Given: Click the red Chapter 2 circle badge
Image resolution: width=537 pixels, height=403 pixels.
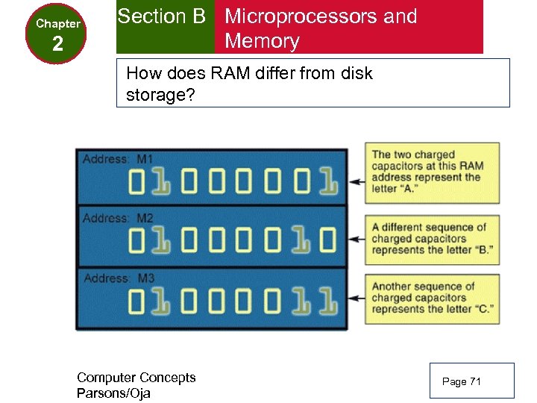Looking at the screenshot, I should [57, 34].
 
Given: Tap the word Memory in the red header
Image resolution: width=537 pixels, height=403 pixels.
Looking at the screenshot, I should [262, 41].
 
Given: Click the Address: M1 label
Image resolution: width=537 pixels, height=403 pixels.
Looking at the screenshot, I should [118, 159].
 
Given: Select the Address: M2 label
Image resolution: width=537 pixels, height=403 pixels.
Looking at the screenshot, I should [118, 218].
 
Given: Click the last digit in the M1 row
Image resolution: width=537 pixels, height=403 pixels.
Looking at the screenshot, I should [328, 181].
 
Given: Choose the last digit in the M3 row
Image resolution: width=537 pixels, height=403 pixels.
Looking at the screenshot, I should [328, 299].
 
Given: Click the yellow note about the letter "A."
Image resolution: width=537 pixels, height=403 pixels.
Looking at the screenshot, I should [431, 172].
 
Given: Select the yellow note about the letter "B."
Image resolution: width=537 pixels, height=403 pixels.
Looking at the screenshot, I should [431, 239].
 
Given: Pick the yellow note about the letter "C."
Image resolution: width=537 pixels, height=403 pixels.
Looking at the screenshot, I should [431, 298].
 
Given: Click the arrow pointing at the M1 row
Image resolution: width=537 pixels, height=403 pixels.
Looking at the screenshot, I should [356, 181].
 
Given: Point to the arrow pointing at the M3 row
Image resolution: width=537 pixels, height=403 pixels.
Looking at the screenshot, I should [356, 299].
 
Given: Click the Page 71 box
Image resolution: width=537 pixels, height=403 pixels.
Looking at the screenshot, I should [471, 381].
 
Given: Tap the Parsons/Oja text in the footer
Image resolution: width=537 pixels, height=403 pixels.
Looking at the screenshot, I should [113, 393].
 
